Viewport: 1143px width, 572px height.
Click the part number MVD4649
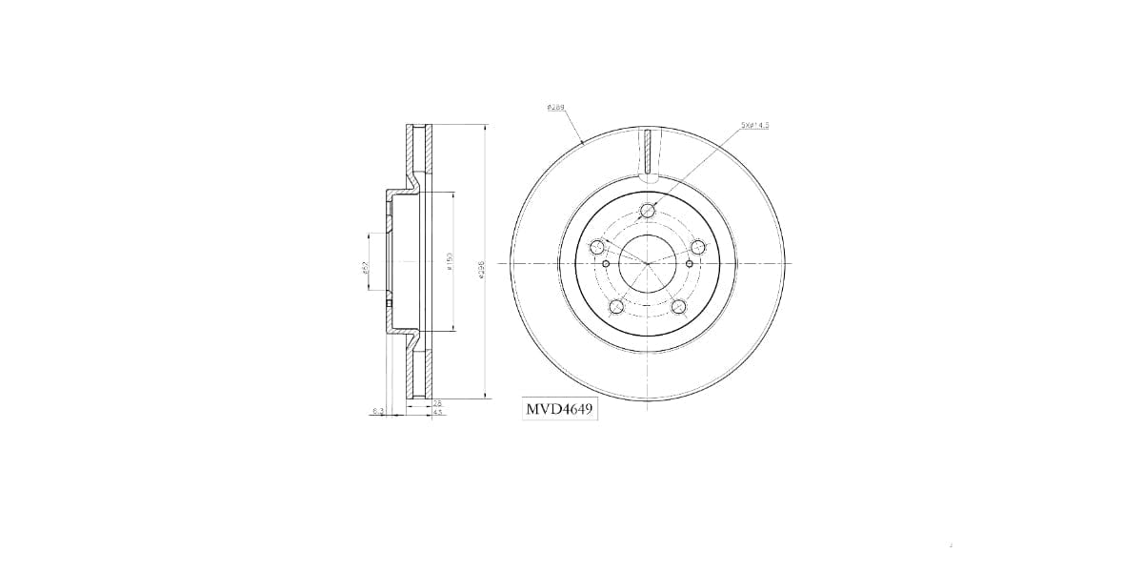click(x=560, y=410)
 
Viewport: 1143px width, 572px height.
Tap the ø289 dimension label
click(x=556, y=108)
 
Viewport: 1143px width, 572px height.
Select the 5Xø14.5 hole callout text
click(x=754, y=125)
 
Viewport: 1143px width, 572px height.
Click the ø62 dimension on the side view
click(x=365, y=269)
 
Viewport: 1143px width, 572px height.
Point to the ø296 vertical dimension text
click(x=482, y=269)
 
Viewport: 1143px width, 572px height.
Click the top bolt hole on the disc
click(x=648, y=211)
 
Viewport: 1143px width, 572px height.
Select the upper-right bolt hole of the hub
click(x=698, y=247)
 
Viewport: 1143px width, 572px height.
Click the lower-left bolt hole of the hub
click(x=616, y=306)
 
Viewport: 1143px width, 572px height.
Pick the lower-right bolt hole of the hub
click(x=679, y=306)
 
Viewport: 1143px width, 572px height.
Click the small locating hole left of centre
click(x=606, y=263)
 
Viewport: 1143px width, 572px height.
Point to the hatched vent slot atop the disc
click(x=648, y=153)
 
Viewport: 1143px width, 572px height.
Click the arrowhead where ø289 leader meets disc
click(x=583, y=144)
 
